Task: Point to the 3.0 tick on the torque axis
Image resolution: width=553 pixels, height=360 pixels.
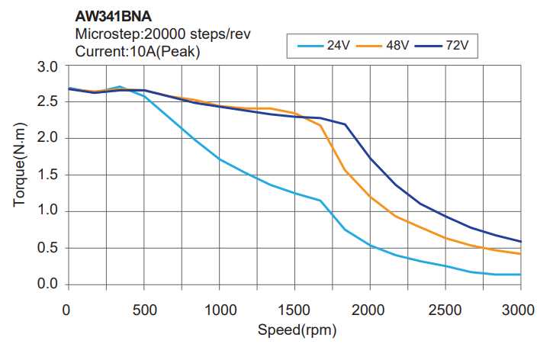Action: [x=48, y=67]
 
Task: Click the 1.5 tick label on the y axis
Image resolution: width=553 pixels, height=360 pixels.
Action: [x=48, y=175]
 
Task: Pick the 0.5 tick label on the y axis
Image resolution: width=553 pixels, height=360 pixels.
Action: [x=48, y=248]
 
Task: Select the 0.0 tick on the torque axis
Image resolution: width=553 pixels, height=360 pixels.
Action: [x=48, y=284]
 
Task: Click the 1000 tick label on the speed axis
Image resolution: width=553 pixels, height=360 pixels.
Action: [x=219, y=310]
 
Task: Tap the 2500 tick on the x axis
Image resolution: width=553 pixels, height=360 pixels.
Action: [x=445, y=310]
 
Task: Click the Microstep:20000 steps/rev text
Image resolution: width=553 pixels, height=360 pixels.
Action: [x=162, y=34]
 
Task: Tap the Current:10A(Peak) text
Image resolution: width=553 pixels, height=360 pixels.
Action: [x=138, y=51]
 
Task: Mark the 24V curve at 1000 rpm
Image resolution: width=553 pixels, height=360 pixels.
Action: [x=219, y=159]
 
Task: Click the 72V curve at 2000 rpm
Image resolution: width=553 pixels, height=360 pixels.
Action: [x=370, y=158]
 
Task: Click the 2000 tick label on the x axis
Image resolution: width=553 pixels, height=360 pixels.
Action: [x=370, y=310]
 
